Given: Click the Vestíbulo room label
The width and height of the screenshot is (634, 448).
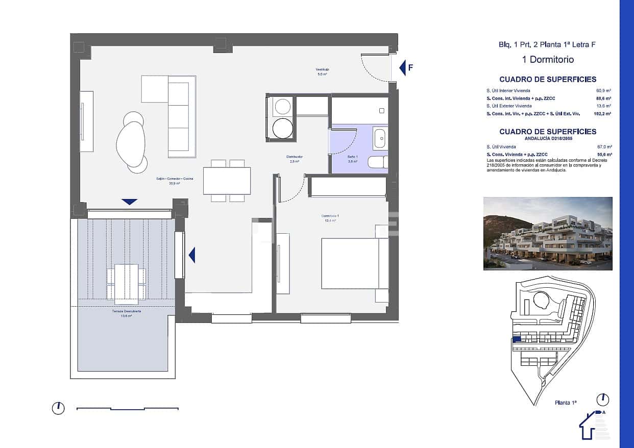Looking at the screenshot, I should pos(322,71).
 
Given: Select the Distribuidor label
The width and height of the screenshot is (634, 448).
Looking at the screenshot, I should pos(295,158).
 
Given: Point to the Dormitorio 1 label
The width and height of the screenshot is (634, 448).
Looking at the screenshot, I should pos(330,218).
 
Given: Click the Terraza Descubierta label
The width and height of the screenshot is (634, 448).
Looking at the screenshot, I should pos(127,313).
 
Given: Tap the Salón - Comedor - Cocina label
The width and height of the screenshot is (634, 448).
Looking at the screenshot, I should pos(175,180).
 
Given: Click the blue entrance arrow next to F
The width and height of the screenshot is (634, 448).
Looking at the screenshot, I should pos(402,67).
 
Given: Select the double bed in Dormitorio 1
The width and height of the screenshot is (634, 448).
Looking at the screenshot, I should pos(350,264).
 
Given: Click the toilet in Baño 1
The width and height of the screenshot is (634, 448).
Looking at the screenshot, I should pos(378,162).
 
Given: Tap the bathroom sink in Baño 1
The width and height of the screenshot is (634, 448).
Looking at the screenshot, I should pos(379,138).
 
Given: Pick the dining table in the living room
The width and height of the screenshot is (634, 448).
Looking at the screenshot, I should pos(227,181).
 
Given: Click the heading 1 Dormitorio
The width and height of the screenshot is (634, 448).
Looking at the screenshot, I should pos(548,60).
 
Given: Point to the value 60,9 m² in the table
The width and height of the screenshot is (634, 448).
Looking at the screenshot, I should pos(604,91).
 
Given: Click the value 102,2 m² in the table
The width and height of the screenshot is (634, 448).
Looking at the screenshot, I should pos(602,114).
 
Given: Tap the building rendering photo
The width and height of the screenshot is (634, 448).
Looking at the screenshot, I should pos(548,234).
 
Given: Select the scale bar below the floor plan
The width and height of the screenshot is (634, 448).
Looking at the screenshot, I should pos(127,408).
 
